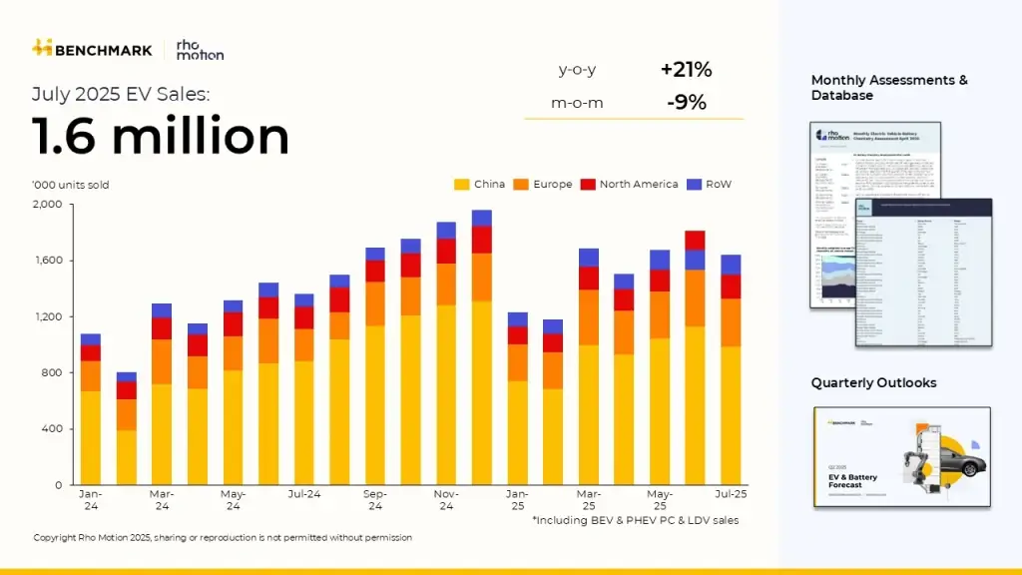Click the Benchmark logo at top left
92,49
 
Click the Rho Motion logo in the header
199,49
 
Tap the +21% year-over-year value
686,70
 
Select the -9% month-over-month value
686,102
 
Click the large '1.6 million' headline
161,137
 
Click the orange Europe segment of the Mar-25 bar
589,317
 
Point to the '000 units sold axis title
70,185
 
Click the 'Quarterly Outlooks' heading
873,383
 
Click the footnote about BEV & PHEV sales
635,520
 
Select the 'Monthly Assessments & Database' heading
888,88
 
